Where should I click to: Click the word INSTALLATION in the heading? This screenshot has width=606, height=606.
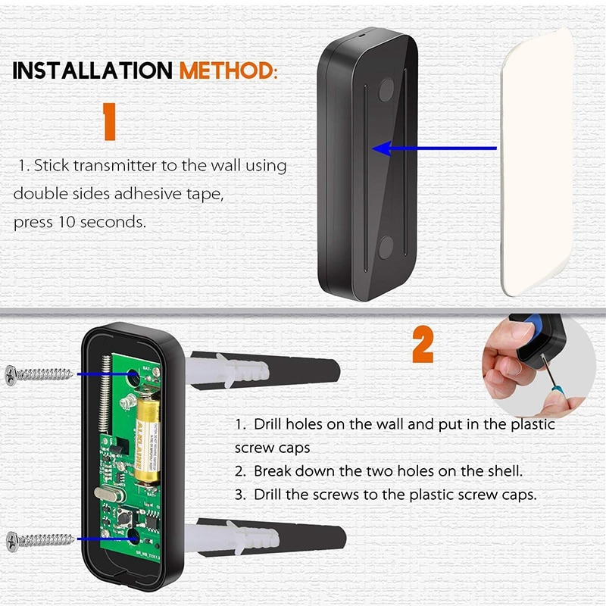93,70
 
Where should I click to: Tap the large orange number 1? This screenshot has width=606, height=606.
110,121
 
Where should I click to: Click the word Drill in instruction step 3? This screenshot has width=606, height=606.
269,495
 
